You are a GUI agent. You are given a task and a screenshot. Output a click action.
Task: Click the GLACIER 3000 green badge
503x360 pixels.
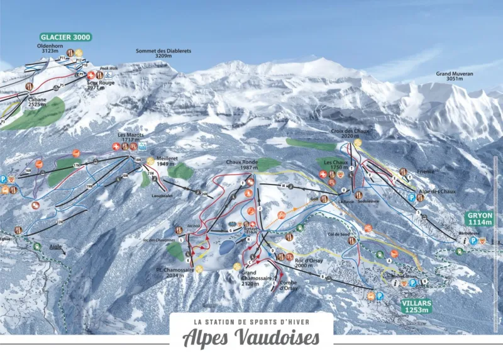(x=65, y=37)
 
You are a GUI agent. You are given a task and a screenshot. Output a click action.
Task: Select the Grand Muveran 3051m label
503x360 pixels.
(x=454, y=76)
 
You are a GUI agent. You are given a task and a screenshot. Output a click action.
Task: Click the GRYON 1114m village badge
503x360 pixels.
(x=480, y=218)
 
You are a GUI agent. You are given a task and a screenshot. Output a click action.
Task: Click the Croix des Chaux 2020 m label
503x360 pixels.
(x=350, y=133)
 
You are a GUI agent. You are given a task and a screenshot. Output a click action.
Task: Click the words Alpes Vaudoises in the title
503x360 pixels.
(x=251, y=338)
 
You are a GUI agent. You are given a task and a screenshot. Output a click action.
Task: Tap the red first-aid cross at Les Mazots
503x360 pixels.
(x=116, y=147)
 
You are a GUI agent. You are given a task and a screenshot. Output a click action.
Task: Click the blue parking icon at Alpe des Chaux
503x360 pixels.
(x=411, y=197)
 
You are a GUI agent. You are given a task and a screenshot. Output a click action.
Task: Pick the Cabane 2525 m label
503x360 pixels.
(x=36, y=102)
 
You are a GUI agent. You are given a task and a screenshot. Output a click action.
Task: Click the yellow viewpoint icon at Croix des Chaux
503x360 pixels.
(x=358, y=143)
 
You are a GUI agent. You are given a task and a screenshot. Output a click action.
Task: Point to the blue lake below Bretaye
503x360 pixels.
(x=225, y=246)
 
